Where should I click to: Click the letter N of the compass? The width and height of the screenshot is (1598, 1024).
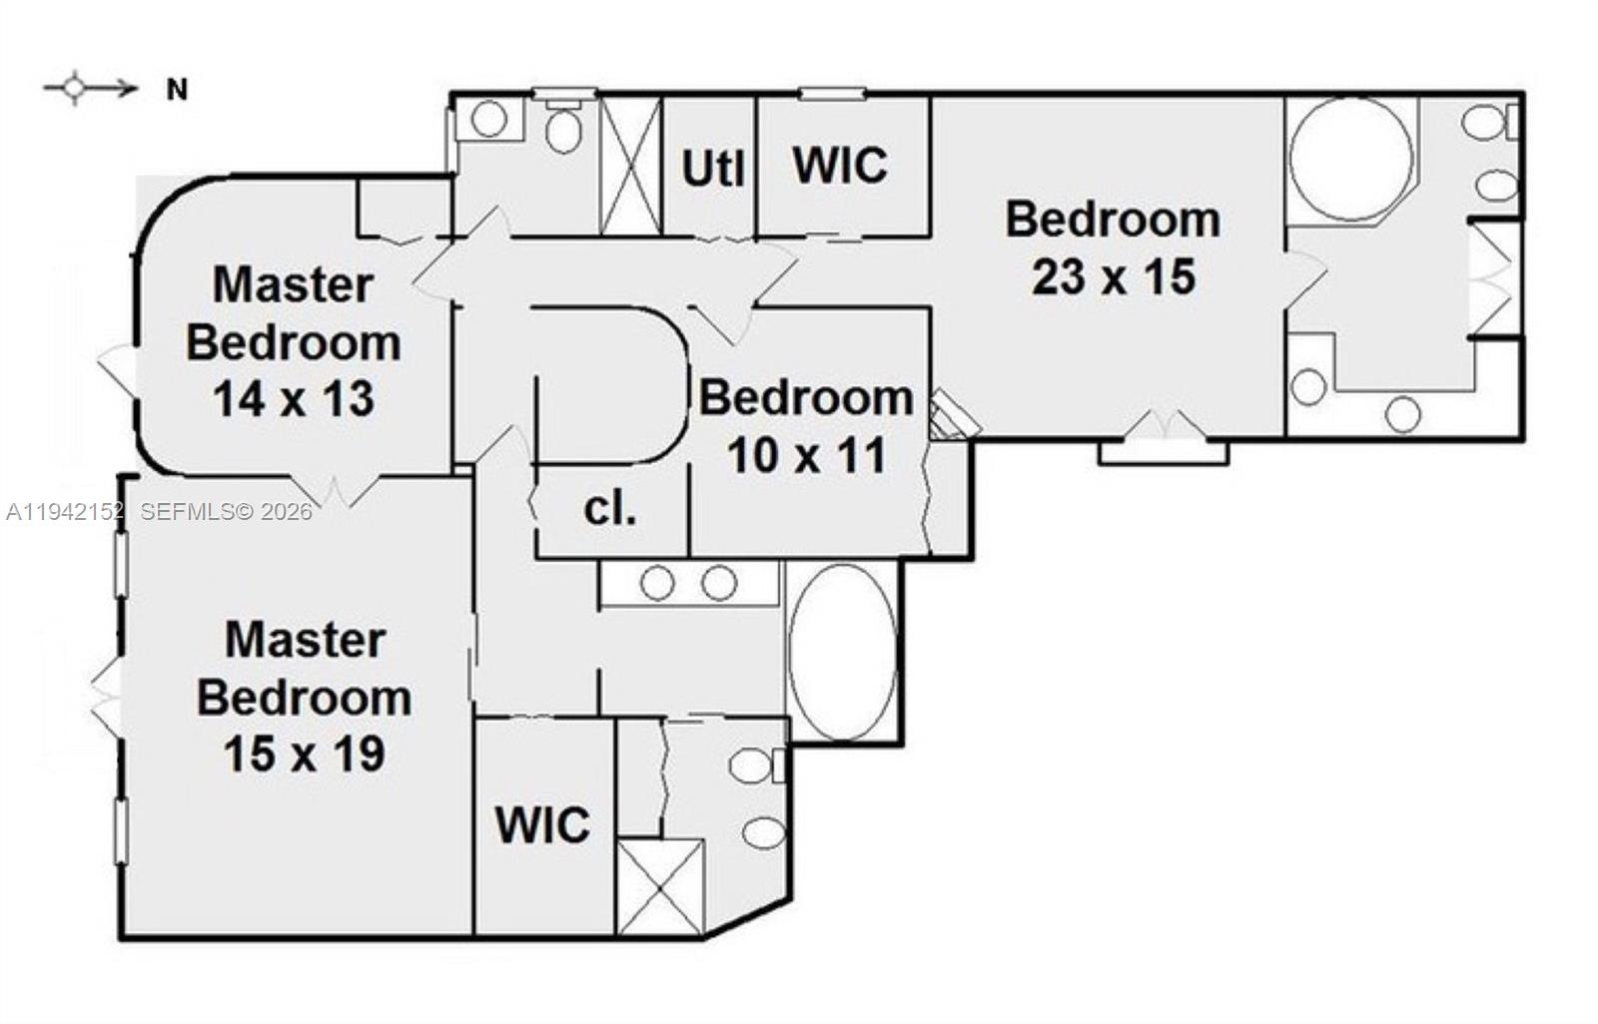tap(177, 91)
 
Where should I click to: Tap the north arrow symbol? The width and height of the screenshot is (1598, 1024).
tap(90, 89)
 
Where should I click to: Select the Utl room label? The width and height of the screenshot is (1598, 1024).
tap(713, 169)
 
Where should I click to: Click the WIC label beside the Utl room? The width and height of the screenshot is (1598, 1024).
tap(840, 166)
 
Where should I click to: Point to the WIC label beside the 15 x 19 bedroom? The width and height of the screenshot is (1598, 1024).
tap(543, 825)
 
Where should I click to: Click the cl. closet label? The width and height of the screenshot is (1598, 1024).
tap(609, 509)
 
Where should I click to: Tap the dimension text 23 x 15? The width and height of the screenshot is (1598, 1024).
tap(1114, 276)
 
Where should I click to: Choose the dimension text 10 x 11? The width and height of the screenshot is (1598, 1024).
tap(806, 456)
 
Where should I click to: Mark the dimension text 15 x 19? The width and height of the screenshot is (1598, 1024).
tap(305, 754)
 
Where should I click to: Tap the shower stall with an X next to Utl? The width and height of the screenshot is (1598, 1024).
tap(630, 166)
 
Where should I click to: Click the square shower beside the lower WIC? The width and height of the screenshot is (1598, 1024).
tap(660, 886)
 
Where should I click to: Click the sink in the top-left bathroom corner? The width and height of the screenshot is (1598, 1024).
tap(489, 119)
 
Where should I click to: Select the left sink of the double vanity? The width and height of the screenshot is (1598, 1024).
tap(657, 583)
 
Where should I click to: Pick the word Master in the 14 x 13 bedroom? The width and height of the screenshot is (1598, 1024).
tap(294, 284)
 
